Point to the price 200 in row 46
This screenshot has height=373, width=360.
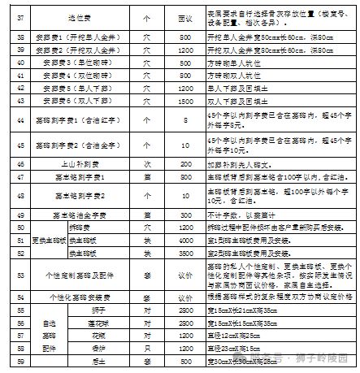(x=184, y=163)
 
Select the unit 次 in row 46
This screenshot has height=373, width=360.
(x=147, y=163)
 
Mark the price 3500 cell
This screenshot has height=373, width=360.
(x=184, y=253)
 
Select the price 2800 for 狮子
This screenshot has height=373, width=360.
(x=184, y=310)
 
